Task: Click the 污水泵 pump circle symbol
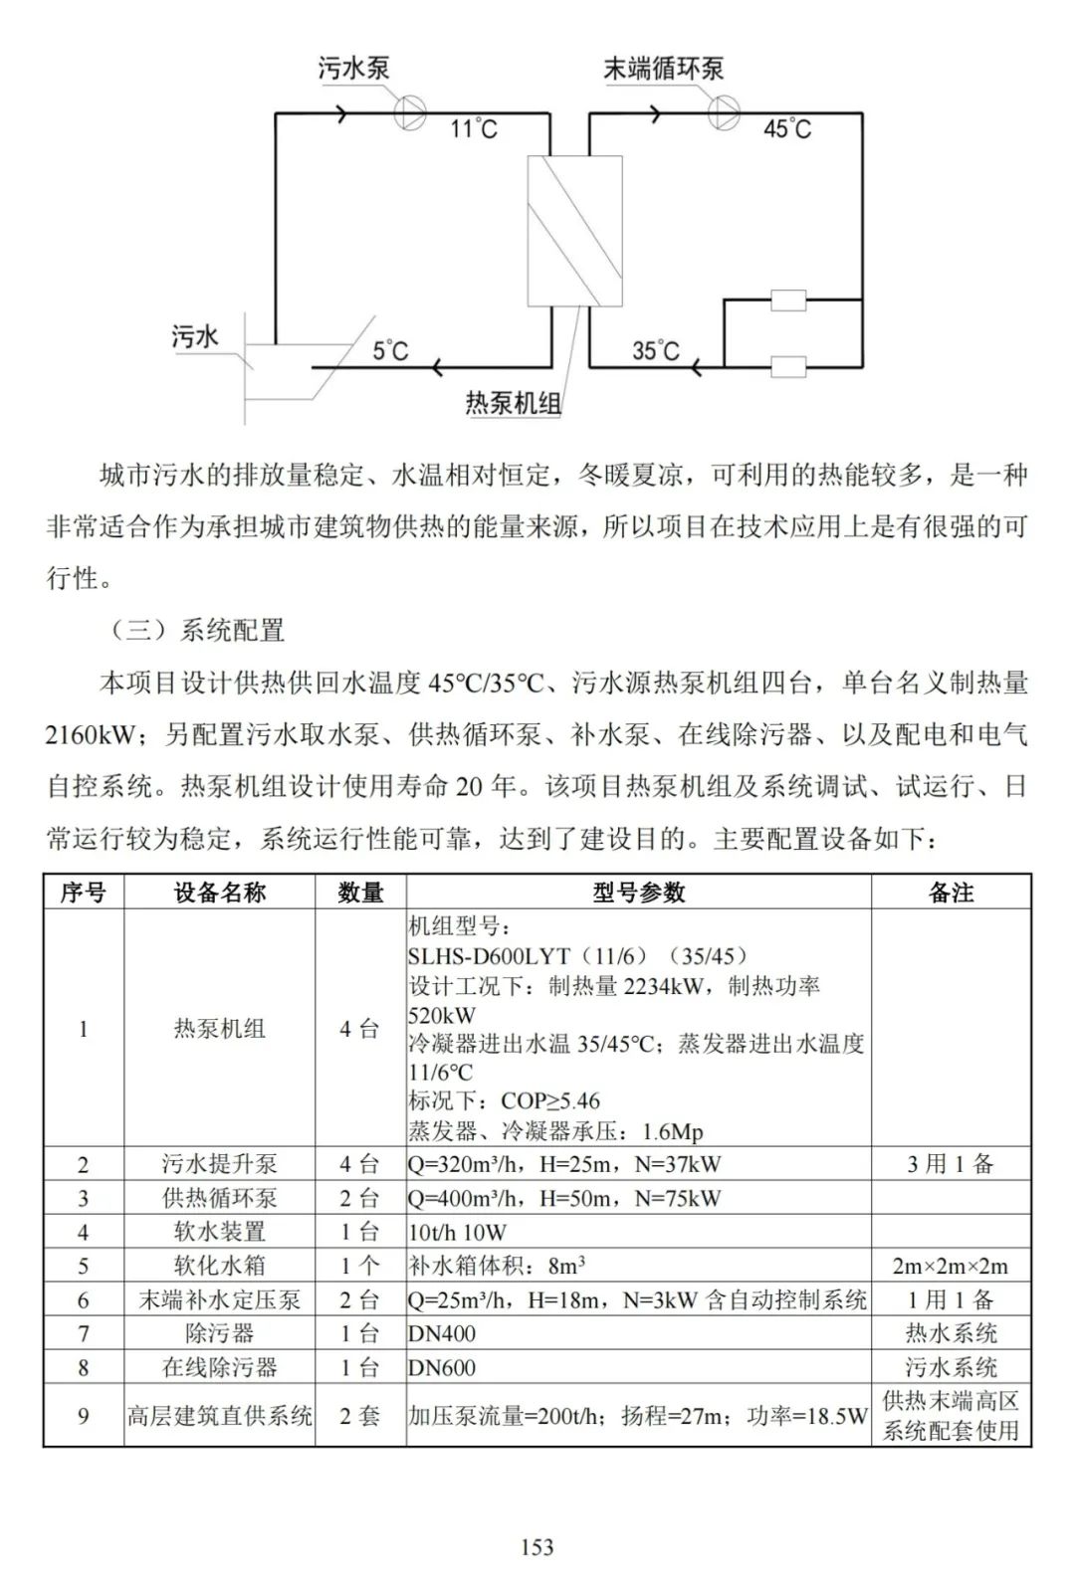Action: (x=409, y=111)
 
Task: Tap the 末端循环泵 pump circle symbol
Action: (x=724, y=111)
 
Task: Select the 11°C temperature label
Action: (x=473, y=129)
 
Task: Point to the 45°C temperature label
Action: (x=786, y=129)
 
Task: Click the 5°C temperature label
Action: (x=390, y=351)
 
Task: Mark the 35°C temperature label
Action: (x=656, y=351)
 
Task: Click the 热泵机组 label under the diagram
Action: (x=514, y=403)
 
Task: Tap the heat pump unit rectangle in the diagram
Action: (x=574, y=231)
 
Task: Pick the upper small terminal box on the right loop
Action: (x=788, y=299)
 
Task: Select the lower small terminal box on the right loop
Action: (x=788, y=367)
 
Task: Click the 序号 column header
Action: (x=83, y=893)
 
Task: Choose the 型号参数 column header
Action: (x=638, y=893)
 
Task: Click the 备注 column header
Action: (x=951, y=893)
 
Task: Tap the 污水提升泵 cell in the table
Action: (x=219, y=1164)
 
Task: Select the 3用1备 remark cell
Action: (x=951, y=1164)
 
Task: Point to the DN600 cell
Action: (x=442, y=1367)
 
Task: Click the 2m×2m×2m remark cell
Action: (x=951, y=1266)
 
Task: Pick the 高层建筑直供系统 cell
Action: (x=219, y=1415)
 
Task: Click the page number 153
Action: (x=537, y=1546)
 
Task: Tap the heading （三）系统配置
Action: (x=197, y=630)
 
